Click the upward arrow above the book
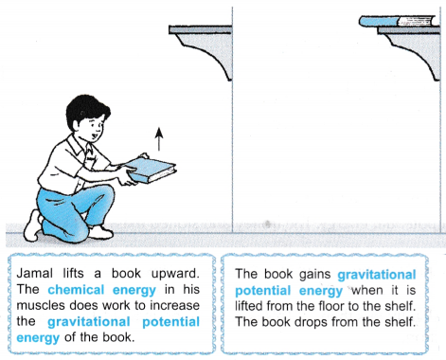(x=159, y=139)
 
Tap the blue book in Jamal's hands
(x=151, y=170)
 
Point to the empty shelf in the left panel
(x=201, y=29)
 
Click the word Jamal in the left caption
(x=34, y=273)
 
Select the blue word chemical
(x=76, y=290)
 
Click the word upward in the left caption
(x=175, y=274)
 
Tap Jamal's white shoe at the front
(x=100, y=232)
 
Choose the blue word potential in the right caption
(x=262, y=291)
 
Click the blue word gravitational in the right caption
(x=377, y=275)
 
